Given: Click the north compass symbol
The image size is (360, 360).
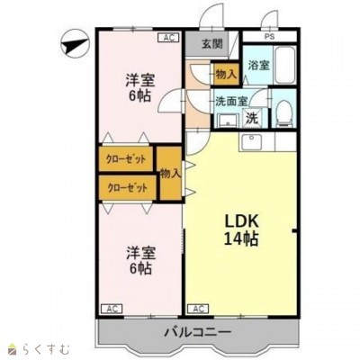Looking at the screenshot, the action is (x=76, y=43).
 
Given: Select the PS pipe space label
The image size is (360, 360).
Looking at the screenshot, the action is (x=269, y=37).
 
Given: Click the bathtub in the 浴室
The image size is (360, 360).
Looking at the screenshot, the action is (x=284, y=66).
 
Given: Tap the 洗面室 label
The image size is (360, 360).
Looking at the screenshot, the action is (x=231, y=102).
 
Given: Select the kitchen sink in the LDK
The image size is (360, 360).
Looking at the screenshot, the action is (x=251, y=141).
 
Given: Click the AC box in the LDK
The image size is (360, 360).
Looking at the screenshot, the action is (x=198, y=309).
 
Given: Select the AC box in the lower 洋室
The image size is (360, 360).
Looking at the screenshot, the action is (x=112, y=309).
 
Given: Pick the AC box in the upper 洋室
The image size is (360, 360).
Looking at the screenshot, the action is (x=168, y=38).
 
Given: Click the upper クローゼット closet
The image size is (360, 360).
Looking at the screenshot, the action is (x=126, y=158).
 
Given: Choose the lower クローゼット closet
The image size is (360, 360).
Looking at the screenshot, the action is (x=128, y=188).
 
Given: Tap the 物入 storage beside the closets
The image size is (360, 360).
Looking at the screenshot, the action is (x=170, y=174).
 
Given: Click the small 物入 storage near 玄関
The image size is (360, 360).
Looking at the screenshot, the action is (x=226, y=74).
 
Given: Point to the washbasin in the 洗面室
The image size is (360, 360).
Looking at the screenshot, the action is (x=229, y=121).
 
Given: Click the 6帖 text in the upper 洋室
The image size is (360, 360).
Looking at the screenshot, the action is (x=139, y=95).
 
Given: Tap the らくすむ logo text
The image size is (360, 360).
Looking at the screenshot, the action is (x=46, y=349).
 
